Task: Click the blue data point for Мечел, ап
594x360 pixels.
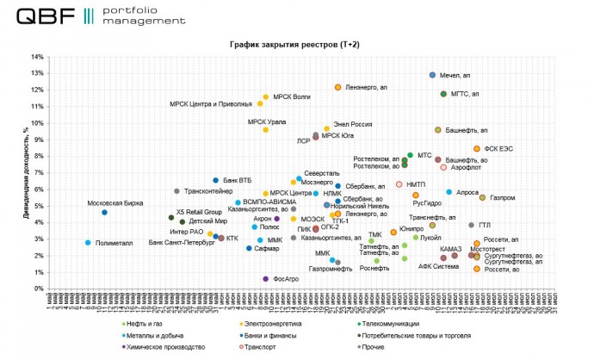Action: click(x=432, y=76)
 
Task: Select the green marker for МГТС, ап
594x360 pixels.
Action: click(x=443, y=94)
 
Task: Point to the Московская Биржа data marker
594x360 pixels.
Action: click(x=105, y=213)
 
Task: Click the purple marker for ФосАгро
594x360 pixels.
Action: click(x=265, y=279)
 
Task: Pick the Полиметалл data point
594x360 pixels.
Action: click(x=88, y=243)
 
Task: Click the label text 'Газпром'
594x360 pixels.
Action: click(x=502, y=198)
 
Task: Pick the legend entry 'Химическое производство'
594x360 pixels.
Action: click(x=166, y=347)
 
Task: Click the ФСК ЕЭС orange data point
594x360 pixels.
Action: click(x=476, y=149)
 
